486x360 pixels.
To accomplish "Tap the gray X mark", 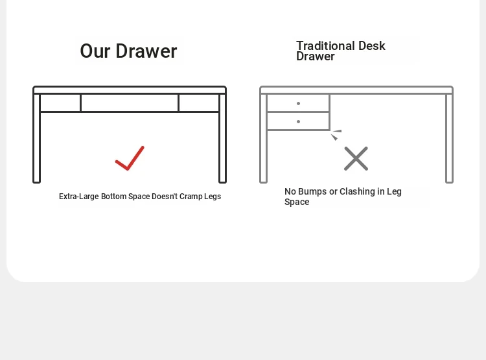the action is pyautogui.click(x=356, y=158).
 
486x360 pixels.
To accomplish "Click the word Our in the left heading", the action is pyautogui.click(x=95, y=51).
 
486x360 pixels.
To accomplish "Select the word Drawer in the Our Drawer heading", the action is pyautogui.click(x=146, y=51).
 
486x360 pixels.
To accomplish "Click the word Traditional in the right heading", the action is pyautogui.click(x=325, y=45).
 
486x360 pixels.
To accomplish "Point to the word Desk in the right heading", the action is pyautogui.click(x=372, y=45).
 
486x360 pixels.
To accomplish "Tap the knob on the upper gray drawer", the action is pyautogui.click(x=299, y=103).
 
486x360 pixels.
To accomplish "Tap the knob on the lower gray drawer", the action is pyautogui.click(x=299, y=121).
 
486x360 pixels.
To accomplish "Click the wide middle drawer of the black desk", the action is pyautogui.click(x=130, y=102).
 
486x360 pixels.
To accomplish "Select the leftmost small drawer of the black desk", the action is pyautogui.click(x=60, y=102).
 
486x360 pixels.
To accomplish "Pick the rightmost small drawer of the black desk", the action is pyautogui.click(x=199, y=102).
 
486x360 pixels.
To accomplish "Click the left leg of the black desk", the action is pyautogui.click(x=36, y=138).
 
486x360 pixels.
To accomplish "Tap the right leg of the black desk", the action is pyautogui.click(x=222, y=138).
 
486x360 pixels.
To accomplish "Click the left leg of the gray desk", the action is pyautogui.click(x=264, y=138).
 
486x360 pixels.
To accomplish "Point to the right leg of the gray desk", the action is pyautogui.click(x=450, y=138).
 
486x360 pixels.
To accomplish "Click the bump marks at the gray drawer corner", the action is pyautogui.click(x=336, y=135).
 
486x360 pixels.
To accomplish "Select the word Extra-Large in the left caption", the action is pyautogui.click(x=78, y=197).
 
